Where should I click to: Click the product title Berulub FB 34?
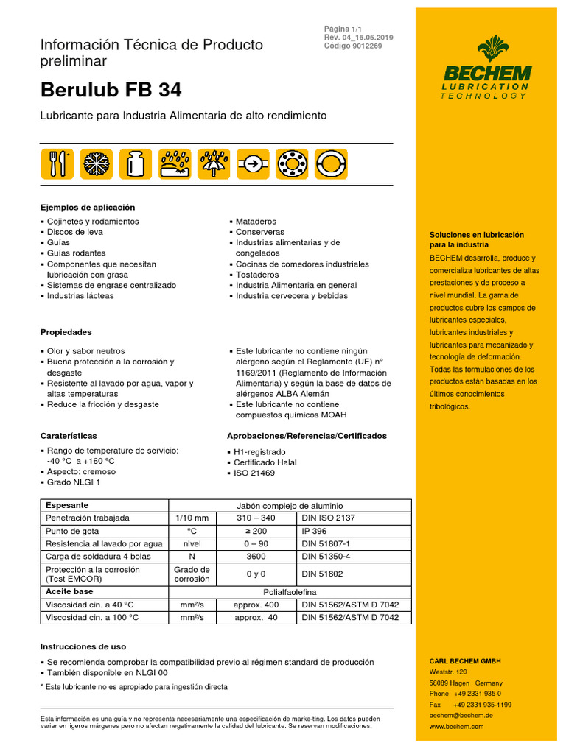[x=111, y=90]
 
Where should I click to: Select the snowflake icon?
[x=94, y=163]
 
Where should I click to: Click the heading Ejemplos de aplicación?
[x=88, y=208]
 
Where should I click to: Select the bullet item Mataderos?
[x=256, y=221]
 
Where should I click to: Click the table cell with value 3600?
[x=256, y=557]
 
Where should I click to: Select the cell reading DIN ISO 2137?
[x=328, y=518]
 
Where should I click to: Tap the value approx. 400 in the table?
[x=256, y=605]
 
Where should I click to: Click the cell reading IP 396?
[x=315, y=530]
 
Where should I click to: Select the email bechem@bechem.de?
[x=461, y=715]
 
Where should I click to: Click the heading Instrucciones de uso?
[x=83, y=646]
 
